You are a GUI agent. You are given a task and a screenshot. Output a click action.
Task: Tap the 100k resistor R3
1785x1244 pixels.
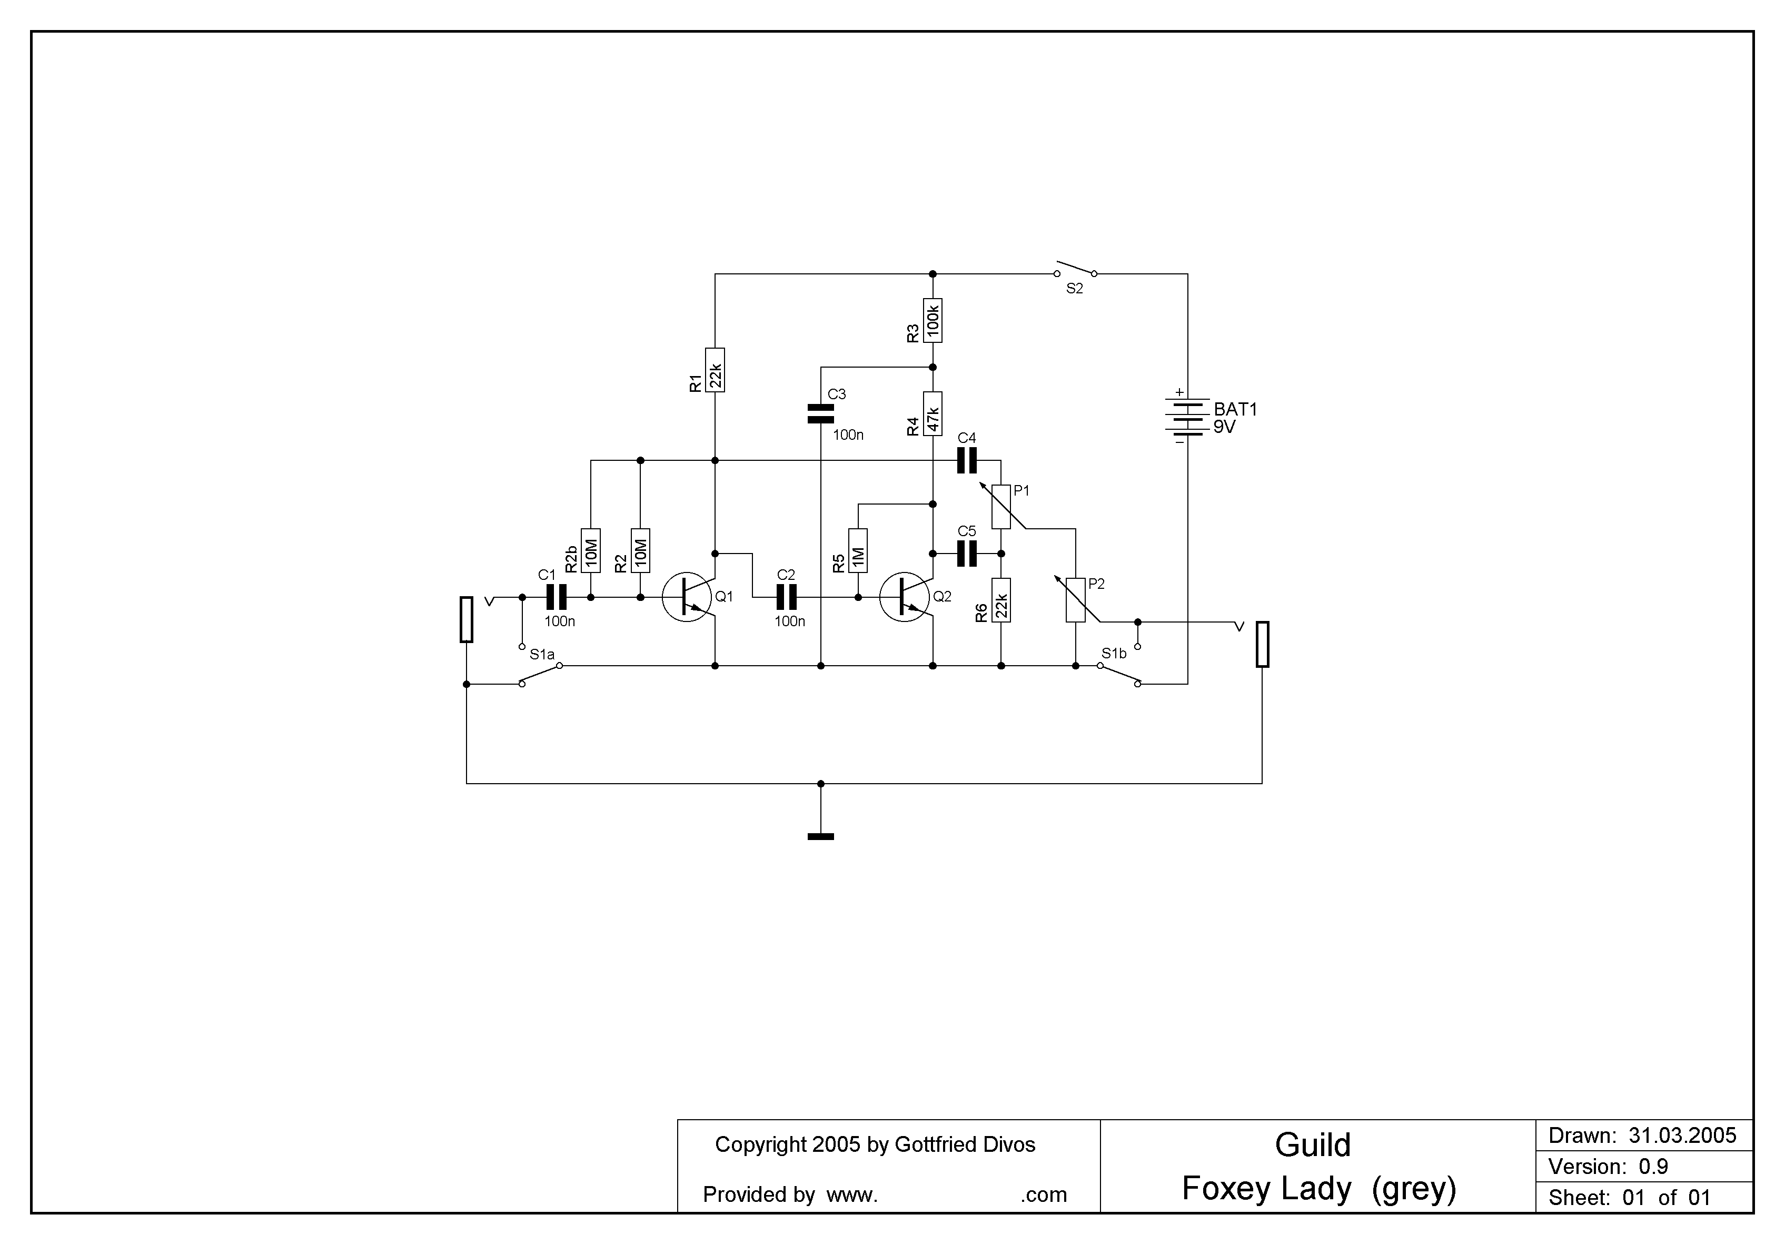point(933,320)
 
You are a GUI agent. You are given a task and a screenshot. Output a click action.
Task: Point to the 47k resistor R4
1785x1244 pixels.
point(933,413)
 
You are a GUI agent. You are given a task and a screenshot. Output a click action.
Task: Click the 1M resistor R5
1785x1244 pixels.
point(858,550)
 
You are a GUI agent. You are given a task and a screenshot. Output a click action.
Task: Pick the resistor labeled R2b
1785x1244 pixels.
point(591,550)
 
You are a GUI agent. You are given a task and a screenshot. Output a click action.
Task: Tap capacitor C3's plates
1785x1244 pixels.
point(821,413)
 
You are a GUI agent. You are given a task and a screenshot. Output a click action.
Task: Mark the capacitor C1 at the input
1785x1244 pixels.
point(557,597)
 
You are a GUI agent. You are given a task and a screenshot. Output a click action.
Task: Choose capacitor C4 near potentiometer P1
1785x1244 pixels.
point(966,461)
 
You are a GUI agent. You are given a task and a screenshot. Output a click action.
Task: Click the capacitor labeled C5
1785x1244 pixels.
point(966,554)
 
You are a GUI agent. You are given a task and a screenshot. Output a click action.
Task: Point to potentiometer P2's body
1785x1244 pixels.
point(1075,599)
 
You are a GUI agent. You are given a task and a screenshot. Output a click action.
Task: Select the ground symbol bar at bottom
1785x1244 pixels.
point(821,836)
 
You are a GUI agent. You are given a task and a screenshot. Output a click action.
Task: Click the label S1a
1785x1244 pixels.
point(542,655)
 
